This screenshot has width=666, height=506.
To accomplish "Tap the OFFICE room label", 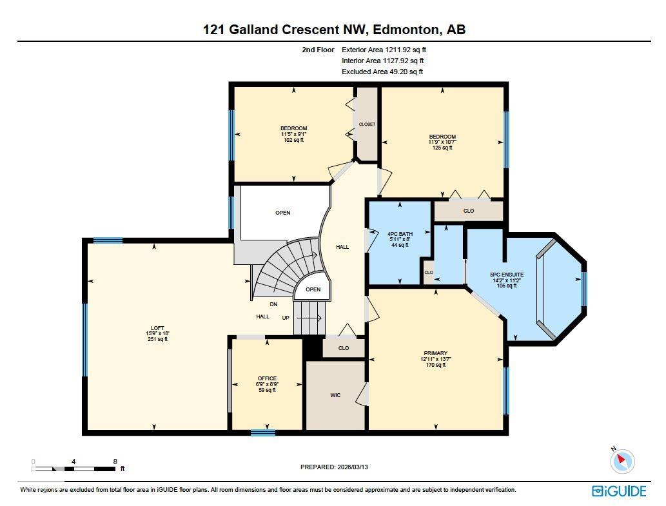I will tap(267, 378).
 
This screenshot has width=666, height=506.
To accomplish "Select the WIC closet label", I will tap(335, 395).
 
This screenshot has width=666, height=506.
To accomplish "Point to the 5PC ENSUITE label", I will tap(507, 275).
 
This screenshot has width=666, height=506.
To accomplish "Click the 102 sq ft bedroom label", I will tap(293, 128).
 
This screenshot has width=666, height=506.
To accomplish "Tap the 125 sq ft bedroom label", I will tap(442, 137).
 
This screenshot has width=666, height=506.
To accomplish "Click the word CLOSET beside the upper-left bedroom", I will tap(367, 124).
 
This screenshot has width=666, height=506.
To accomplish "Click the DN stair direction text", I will tap(274, 304).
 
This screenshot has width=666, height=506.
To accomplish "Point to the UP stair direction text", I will tap(286, 318).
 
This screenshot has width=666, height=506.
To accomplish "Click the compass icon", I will tap(622, 461).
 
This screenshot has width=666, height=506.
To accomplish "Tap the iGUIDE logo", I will tap(618, 491).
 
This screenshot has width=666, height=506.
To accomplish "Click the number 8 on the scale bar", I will tap(115, 462).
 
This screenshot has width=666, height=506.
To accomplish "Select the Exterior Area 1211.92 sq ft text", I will tap(384, 49).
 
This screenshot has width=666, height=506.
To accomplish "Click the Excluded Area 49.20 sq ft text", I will tap(382, 72).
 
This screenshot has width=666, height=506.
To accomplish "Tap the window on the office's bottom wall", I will tap(262, 433).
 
